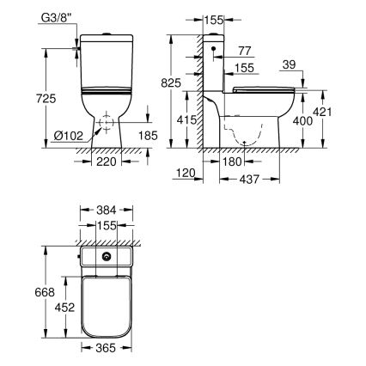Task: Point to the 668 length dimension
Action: [34, 294]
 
